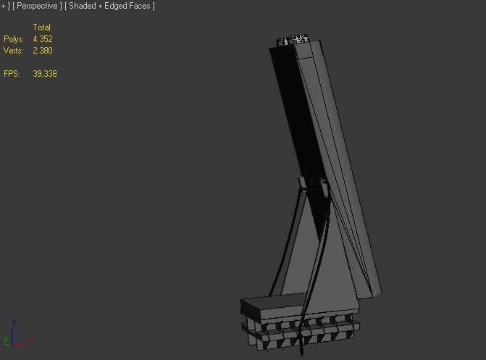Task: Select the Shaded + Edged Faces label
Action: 111,6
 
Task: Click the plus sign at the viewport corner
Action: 3,6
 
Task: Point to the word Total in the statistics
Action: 41,28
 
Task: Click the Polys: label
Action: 13,39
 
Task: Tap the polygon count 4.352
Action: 42,39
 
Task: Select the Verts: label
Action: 13,51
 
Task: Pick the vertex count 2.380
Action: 42,51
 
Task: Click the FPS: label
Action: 12,74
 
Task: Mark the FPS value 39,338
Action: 44,74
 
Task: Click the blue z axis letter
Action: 14,322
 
